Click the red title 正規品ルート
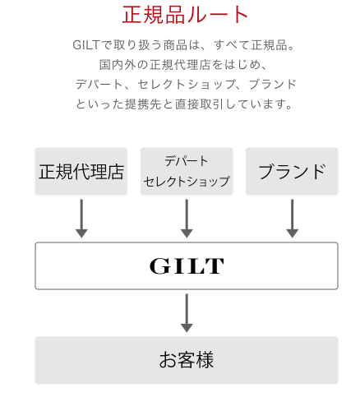(x=185, y=15)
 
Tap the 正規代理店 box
(x=81, y=172)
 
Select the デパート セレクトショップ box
(x=187, y=172)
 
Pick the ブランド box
(x=292, y=172)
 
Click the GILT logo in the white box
(x=187, y=266)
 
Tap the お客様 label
(x=187, y=360)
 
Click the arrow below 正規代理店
(x=81, y=219)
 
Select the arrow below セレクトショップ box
(x=187, y=219)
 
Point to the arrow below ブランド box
(x=292, y=219)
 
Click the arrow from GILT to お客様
(x=187, y=313)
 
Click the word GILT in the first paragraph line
(x=85, y=45)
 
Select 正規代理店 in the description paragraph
(x=180, y=65)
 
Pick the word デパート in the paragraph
(x=99, y=85)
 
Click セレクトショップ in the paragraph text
(x=187, y=85)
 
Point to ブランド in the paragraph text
(x=273, y=85)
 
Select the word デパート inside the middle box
(x=187, y=161)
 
